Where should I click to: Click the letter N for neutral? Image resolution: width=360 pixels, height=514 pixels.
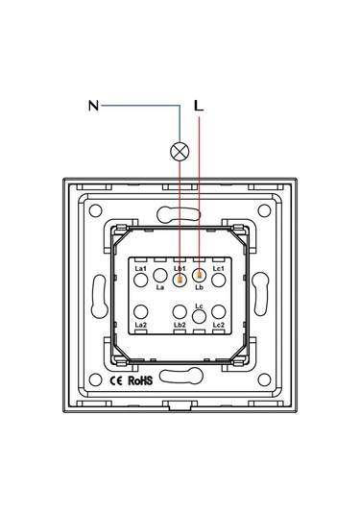point(93,106)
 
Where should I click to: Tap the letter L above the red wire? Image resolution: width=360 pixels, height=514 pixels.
point(199,106)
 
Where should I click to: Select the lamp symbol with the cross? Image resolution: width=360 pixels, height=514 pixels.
point(180,152)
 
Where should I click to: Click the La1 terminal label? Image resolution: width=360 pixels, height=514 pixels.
point(140,268)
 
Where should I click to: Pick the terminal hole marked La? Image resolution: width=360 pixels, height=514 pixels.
point(160,276)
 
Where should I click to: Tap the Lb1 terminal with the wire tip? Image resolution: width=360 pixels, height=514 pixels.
point(180,280)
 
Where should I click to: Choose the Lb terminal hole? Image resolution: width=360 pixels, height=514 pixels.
point(199,276)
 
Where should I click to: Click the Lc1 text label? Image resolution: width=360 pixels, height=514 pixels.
point(219,268)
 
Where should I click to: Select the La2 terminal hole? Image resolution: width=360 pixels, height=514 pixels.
point(141,312)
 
